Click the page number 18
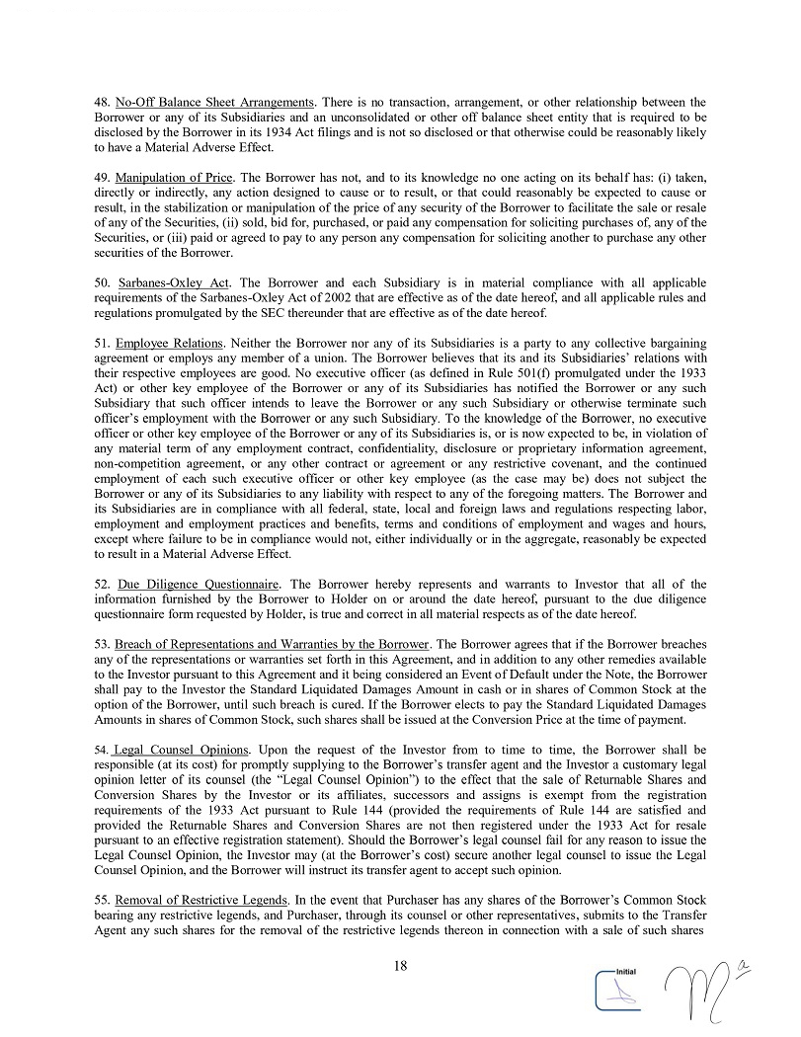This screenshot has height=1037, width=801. [400, 965]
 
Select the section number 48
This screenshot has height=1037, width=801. [102, 102]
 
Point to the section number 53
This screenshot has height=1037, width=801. [102, 644]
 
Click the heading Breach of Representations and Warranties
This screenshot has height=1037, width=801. [272, 644]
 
